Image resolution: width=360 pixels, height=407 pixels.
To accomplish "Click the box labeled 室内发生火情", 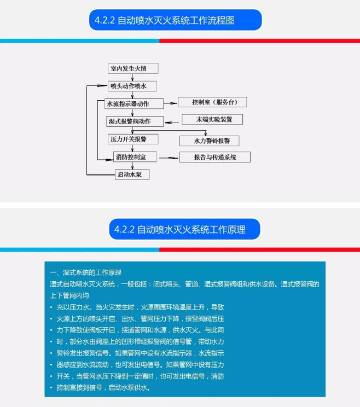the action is [133, 68].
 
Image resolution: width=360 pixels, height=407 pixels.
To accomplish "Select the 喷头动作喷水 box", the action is [132, 86].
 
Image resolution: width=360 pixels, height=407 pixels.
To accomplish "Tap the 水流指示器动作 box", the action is [134, 103].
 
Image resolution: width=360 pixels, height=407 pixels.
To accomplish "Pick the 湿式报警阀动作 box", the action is [135, 121].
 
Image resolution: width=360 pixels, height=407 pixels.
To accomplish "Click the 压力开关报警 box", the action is [133, 139].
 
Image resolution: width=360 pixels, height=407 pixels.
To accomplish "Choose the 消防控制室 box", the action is [135, 157].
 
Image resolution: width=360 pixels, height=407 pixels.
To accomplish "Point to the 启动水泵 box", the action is [132, 175].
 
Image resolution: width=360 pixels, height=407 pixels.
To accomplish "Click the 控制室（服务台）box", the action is [212, 102].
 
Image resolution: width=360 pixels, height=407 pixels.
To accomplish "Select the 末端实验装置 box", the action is [212, 119].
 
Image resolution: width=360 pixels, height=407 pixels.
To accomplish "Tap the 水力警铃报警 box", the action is [209, 141].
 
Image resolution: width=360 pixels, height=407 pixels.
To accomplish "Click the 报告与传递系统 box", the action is [215, 157].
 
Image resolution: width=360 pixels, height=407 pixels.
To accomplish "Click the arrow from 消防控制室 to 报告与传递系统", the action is [169, 158].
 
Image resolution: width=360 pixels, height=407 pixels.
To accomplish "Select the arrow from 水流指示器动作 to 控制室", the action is [171, 103].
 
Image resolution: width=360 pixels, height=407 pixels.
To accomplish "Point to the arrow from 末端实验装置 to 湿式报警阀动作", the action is [172, 123].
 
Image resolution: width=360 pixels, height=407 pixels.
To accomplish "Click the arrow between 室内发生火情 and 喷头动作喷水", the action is [132, 77].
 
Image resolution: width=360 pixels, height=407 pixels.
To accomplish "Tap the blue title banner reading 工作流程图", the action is [176, 20].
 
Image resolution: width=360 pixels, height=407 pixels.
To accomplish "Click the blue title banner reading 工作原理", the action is [184, 229].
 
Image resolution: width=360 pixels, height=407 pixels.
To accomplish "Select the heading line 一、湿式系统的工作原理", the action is [85, 272].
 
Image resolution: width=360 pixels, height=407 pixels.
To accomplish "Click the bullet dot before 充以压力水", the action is [51, 307].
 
